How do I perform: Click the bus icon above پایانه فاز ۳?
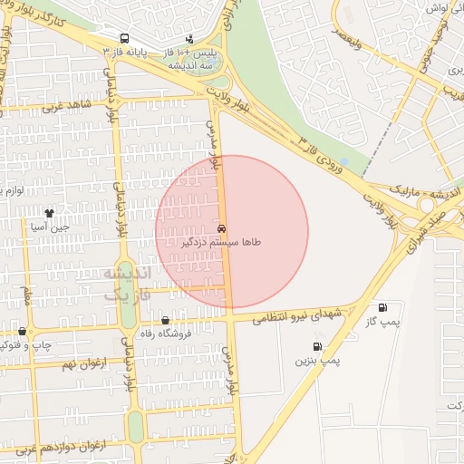click(x=124, y=39)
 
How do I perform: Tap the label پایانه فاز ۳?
click(x=124, y=52)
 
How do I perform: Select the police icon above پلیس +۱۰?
click(x=189, y=39)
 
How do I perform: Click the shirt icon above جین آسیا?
click(x=49, y=214)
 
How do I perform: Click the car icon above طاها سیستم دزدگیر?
click(x=223, y=228)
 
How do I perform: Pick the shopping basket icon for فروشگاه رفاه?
click(x=165, y=320)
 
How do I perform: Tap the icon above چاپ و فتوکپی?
click(x=23, y=331)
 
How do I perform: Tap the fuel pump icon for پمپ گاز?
click(x=382, y=307)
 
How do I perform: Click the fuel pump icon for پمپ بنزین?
click(x=316, y=346)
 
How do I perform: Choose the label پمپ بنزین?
click(x=316, y=360)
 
